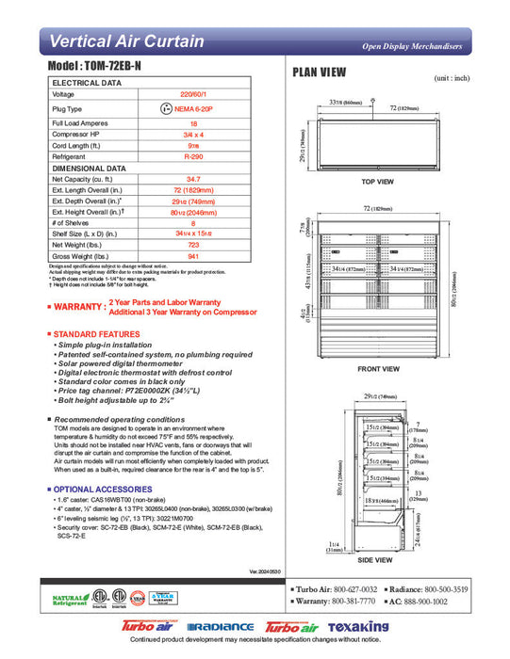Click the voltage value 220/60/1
coord(193,94)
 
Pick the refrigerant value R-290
coord(193,156)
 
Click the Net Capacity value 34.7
coord(193,178)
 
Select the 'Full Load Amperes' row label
coord(78,123)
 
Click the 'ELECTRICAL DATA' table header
coord(86,83)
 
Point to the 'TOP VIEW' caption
coord(377,181)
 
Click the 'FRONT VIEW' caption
coord(377,370)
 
